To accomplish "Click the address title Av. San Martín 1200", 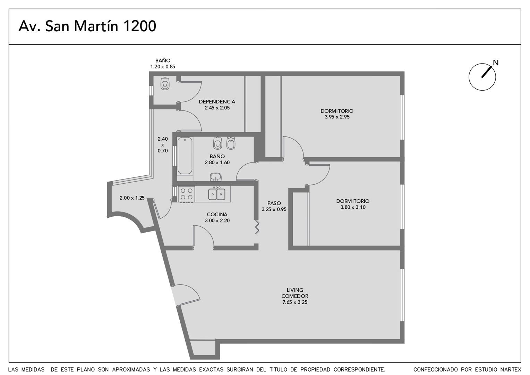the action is [87, 26].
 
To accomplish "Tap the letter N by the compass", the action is [496, 63].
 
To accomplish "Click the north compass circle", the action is [482, 77].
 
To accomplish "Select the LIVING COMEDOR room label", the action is [295, 293].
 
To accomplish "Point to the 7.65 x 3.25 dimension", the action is [295, 302].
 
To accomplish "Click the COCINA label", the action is [217, 214].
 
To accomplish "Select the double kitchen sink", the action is [217, 194].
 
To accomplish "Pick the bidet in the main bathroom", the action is [231, 143].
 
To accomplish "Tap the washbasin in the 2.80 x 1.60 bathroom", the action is [215, 177].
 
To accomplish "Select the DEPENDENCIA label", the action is [217, 102].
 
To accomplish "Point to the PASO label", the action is [274, 203].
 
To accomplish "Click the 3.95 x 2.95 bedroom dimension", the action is [337, 117].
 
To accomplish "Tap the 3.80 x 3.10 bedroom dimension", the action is [353, 207].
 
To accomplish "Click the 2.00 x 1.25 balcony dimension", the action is [132, 198].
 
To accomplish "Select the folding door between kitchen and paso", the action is [257, 227].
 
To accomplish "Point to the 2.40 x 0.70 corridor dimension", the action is [163, 144].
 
